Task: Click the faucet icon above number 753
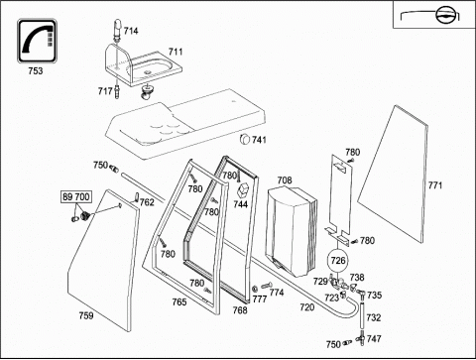pos(37,41)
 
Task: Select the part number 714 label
pos(131,31)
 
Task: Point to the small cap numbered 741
pos(245,139)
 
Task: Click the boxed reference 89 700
pos(76,197)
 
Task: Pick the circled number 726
pos(338,261)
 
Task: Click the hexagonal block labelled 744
pos(243,190)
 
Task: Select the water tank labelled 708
pos(291,231)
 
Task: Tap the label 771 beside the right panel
pos(435,185)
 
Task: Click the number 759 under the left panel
pos(86,315)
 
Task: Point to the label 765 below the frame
pos(179,301)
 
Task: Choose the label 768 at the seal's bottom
pos(240,310)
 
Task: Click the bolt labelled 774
pos(267,285)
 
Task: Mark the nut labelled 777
pos(255,289)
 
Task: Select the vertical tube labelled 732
pos(362,316)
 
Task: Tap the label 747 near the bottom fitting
pos(374,339)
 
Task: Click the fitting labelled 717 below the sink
pos(117,91)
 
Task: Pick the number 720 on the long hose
pos(307,307)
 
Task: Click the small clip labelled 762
pos(137,197)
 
